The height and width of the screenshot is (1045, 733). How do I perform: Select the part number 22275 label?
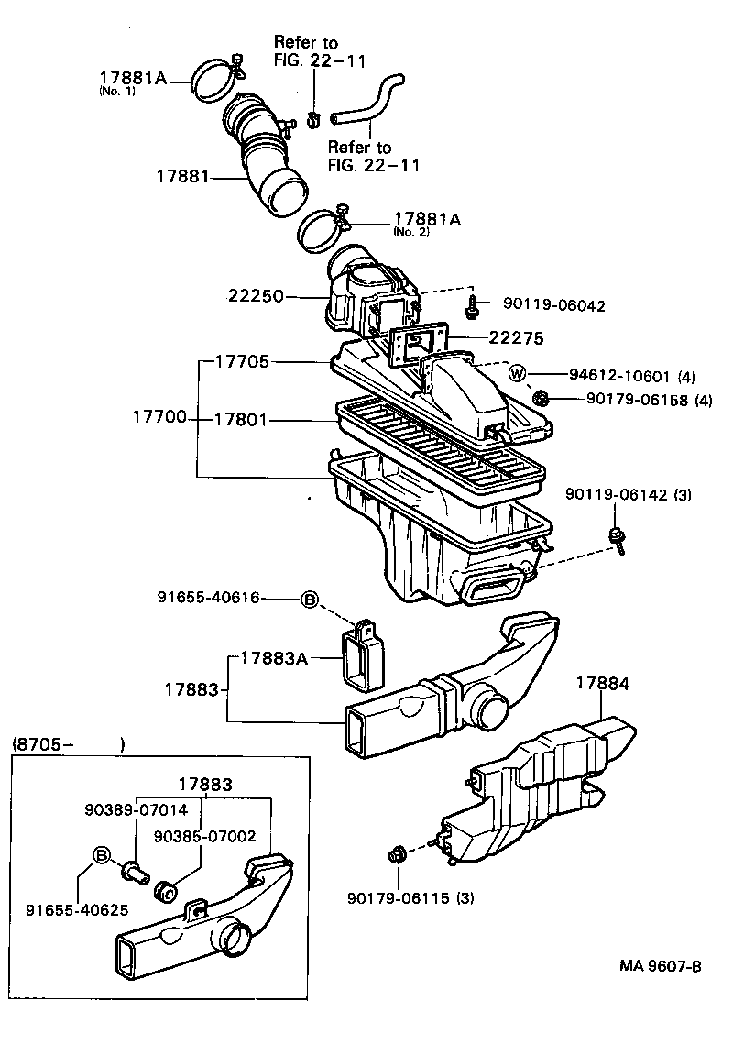coord(516,338)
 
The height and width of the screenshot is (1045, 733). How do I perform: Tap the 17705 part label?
coord(242,362)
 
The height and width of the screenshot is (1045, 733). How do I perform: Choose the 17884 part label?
coord(603,683)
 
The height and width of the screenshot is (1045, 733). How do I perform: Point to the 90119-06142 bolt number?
coord(615,495)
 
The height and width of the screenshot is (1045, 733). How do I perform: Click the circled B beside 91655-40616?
coord(310,599)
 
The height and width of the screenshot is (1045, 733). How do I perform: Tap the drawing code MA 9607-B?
coord(660,966)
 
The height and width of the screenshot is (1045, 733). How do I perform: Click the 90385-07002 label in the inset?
coord(205,836)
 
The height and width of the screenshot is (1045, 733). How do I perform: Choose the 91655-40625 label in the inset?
coord(77,910)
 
